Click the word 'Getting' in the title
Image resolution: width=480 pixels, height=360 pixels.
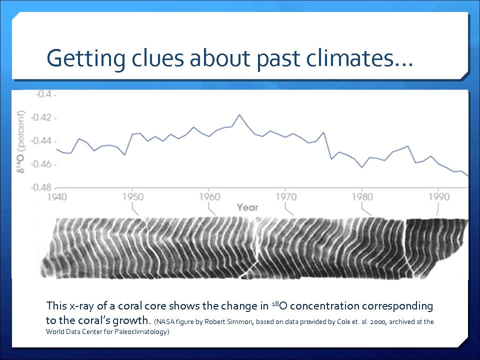tap(82, 58)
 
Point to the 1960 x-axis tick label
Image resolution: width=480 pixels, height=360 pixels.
tap(209, 197)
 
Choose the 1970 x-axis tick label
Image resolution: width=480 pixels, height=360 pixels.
tap(285, 197)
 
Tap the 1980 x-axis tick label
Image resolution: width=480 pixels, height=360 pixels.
tap(362, 197)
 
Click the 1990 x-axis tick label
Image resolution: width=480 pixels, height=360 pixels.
tap(438, 197)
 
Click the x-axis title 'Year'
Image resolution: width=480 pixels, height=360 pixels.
tap(247, 207)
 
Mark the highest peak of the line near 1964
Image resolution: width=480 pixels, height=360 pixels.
tap(239, 114)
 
